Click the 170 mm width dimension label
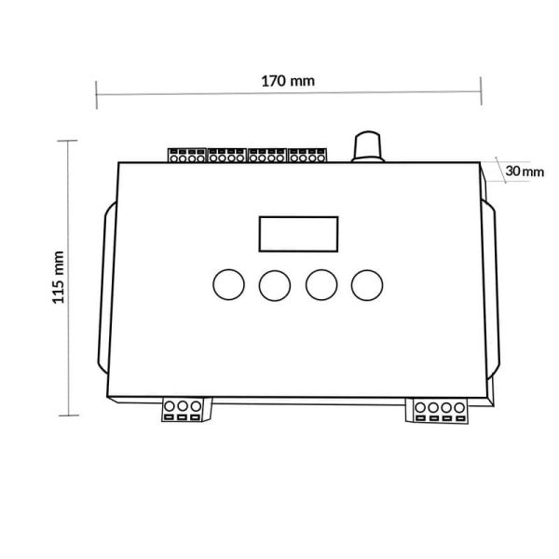(288, 81)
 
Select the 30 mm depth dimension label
(525, 171)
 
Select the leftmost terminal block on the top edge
(186, 155)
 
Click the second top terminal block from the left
(226, 155)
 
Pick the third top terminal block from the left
(268, 155)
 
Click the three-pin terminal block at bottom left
(183, 411)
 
